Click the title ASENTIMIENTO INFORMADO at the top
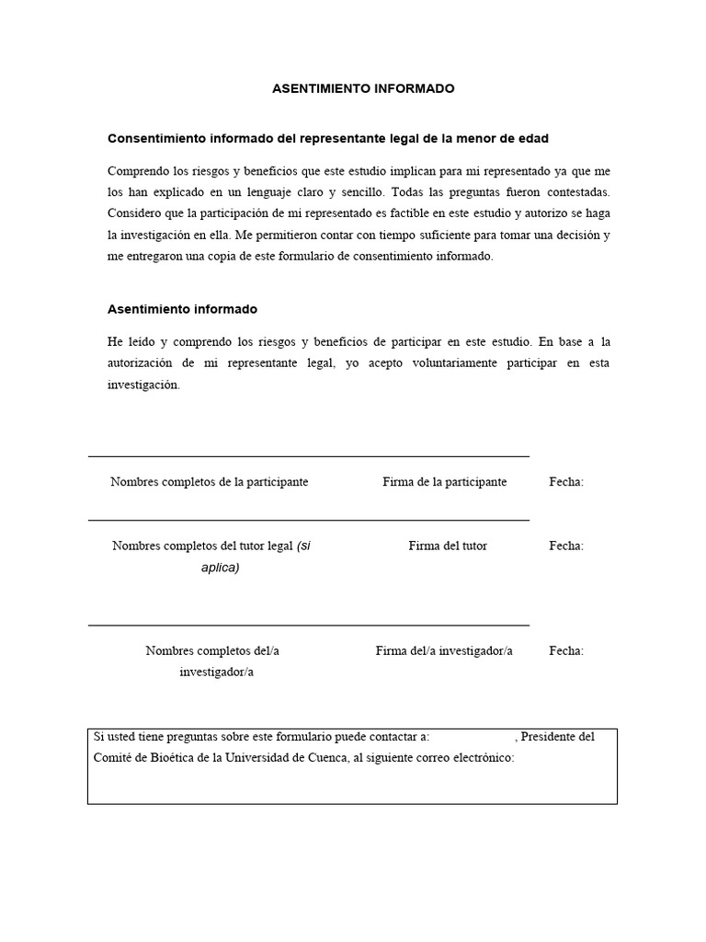click(363, 89)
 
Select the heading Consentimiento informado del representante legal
click(328, 139)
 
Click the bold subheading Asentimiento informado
click(182, 309)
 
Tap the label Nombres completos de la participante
click(209, 482)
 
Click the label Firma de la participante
click(444, 482)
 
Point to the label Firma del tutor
click(448, 546)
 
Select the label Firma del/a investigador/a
click(444, 650)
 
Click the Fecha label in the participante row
click(566, 482)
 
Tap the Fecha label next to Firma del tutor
click(566, 546)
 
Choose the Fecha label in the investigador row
click(566, 650)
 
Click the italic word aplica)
click(221, 568)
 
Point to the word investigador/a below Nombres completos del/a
click(216, 672)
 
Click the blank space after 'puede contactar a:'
click(472, 737)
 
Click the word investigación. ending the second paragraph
click(143, 385)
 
